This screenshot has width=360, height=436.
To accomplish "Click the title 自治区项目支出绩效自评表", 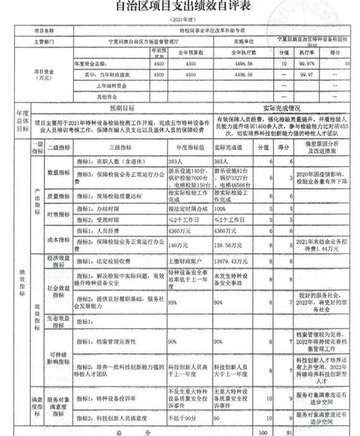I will (x=183, y=7).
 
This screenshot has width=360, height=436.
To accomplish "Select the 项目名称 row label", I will (x=44, y=30).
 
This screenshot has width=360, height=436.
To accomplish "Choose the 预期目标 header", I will (x=122, y=108).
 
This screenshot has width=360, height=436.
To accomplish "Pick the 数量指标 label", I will (x=59, y=172).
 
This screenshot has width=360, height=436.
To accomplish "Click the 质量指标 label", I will (x=59, y=196).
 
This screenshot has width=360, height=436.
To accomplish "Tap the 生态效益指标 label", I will (x=59, y=321).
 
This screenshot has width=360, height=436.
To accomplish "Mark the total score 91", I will (x=288, y=432).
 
